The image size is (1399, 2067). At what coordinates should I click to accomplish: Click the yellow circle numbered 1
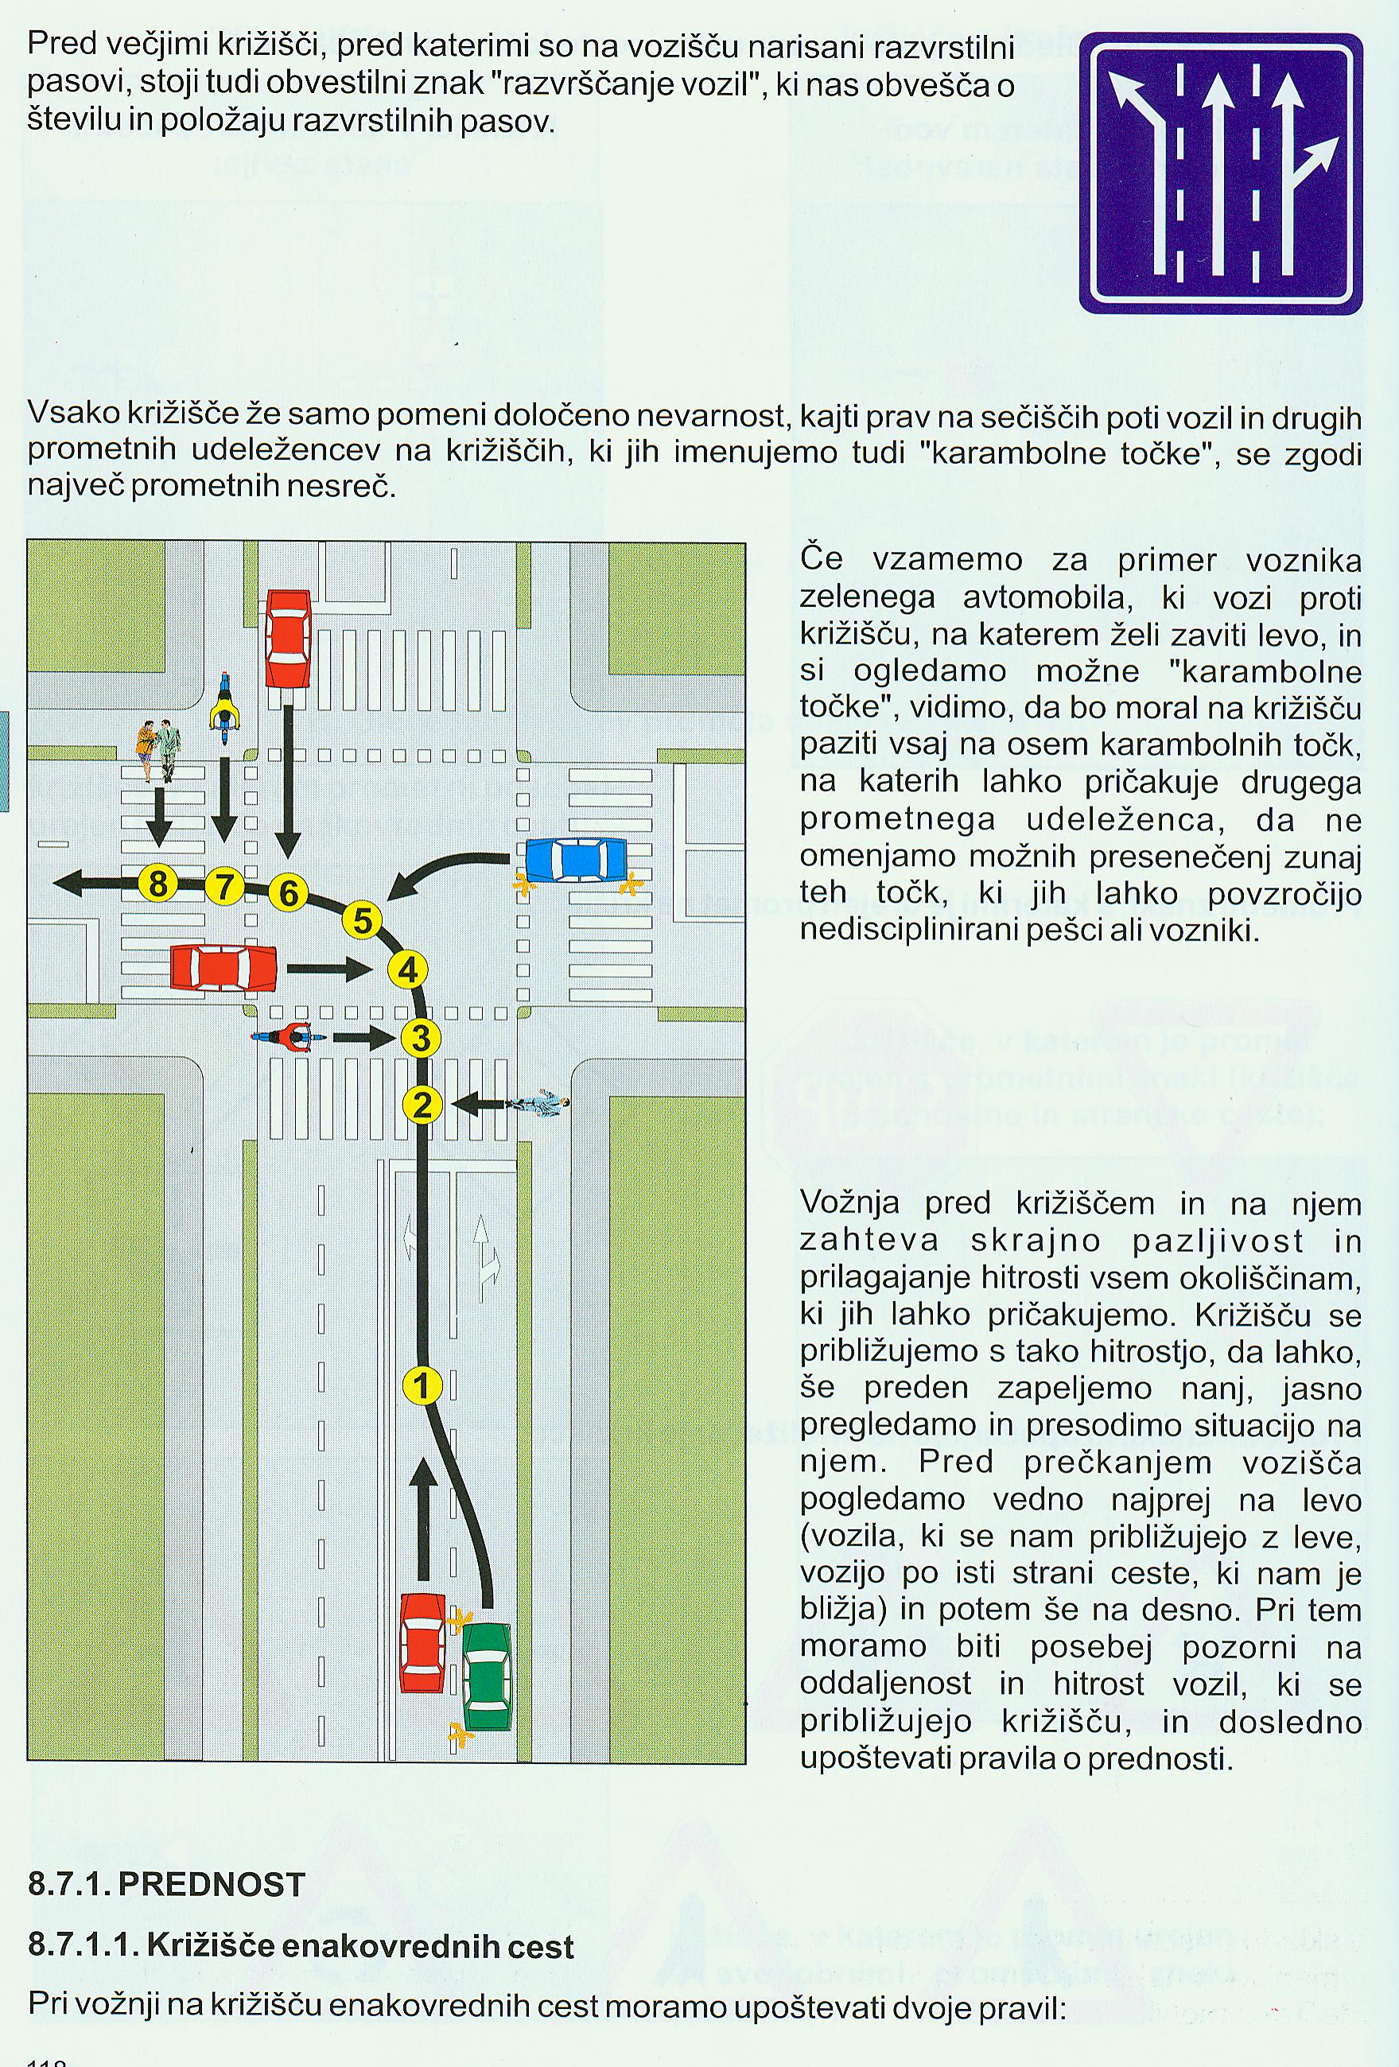[422, 1385]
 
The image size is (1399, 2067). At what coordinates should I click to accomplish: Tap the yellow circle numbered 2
[422, 1105]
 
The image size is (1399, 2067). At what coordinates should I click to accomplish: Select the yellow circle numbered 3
[421, 1037]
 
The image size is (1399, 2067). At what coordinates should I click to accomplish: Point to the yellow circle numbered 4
[407, 969]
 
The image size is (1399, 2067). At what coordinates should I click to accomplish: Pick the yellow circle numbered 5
[362, 919]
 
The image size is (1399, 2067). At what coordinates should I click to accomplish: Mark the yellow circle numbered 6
[287, 892]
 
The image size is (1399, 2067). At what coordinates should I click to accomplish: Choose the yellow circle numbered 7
[224, 886]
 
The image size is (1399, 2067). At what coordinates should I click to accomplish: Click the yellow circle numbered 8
[158, 884]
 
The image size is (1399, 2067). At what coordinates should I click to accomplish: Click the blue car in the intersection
[577, 860]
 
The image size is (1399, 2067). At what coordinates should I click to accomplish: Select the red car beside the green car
[422, 1643]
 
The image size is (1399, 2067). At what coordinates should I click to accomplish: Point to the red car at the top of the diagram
[288, 639]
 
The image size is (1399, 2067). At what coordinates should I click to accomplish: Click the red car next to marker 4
[223, 968]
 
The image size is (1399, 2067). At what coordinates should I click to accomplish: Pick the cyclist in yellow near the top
[225, 708]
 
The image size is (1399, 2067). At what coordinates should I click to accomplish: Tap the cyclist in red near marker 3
[286, 1037]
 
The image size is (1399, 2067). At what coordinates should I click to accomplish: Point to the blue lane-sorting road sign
[1220, 173]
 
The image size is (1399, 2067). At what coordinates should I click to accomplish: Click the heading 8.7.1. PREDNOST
[166, 1886]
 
